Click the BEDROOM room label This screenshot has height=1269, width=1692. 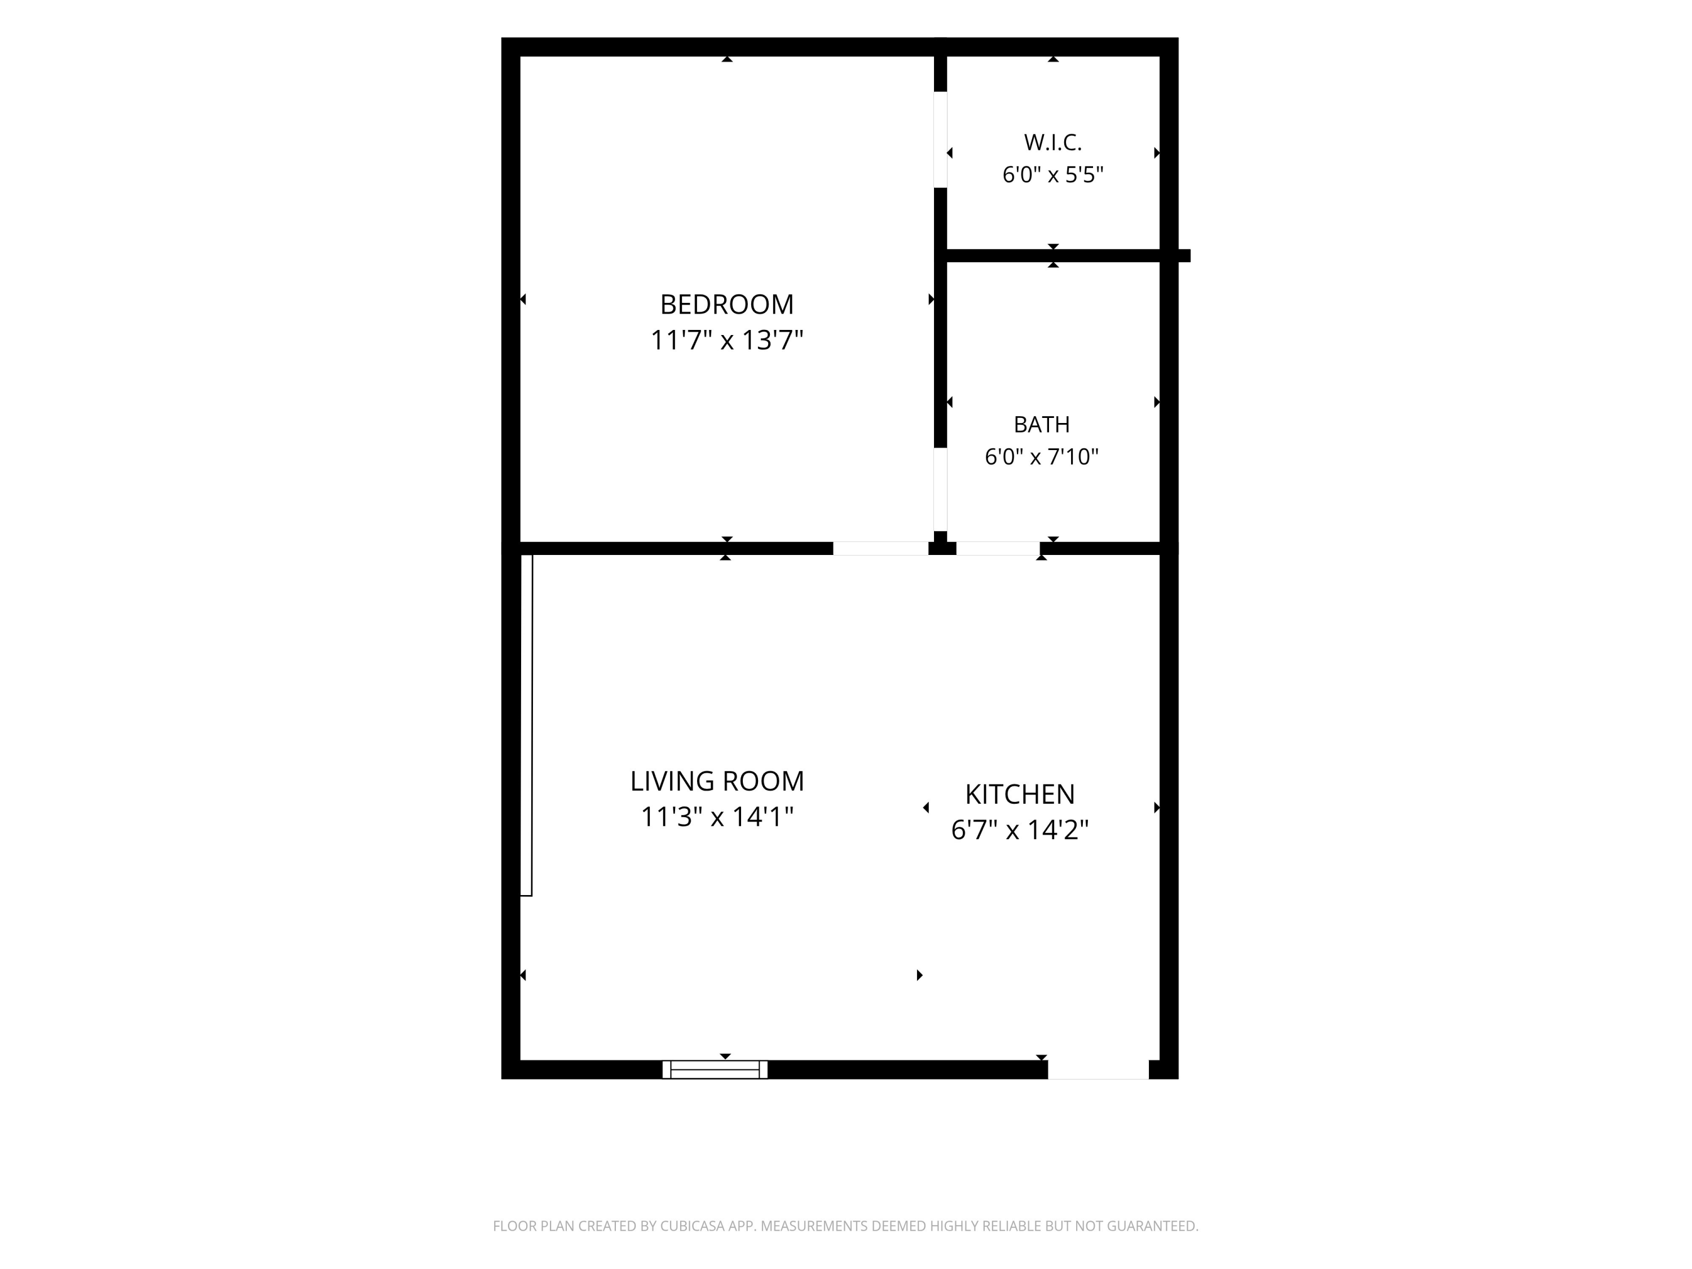click(726, 305)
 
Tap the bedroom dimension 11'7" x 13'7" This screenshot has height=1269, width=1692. click(726, 341)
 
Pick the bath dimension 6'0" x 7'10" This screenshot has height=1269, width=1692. click(1041, 457)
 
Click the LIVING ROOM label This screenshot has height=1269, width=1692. click(717, 781)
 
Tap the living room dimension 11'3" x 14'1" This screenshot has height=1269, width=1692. click(717, 817)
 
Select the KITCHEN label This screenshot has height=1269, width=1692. click(1020, 794)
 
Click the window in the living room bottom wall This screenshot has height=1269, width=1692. click(715, 1069)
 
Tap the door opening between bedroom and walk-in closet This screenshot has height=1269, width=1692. click(940, 139)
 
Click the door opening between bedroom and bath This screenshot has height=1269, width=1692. click(940, 490)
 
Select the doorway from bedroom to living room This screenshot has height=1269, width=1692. click(880, 548)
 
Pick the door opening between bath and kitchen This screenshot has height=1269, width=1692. click(998, 548)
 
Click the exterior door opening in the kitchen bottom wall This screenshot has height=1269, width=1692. click(1098, 1069)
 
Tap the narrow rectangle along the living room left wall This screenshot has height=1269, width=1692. click(526, 725)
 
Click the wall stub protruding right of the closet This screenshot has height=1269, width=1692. click(1184, 255)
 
